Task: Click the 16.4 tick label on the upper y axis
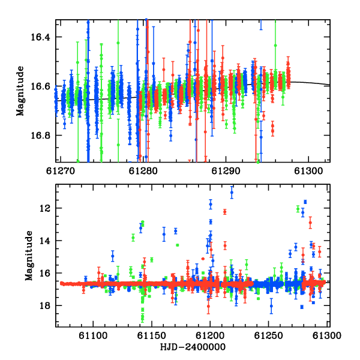(40, 37)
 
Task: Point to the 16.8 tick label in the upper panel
(40, 135)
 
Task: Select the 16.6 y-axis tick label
(40, 86)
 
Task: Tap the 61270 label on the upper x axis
(61, 171)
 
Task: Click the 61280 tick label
(143, 171)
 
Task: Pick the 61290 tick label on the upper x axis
(226, 171)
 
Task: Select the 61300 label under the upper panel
(308, 171)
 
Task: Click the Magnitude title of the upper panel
(20, 91)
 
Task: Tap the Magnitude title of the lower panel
(29, 256)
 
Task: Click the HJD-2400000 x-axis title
(193, 347)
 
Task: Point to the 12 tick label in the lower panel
(45, 208)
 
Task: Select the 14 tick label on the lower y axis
(45, 241)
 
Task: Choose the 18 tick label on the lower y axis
(45, 305)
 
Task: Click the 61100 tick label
(93, 335)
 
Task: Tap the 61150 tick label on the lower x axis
(151, 335)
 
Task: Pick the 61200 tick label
(210, 335)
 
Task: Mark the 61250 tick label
(268, 335)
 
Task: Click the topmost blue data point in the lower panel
(232, 193)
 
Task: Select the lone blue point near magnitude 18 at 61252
(271, 306)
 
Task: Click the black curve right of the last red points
(310, 83)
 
